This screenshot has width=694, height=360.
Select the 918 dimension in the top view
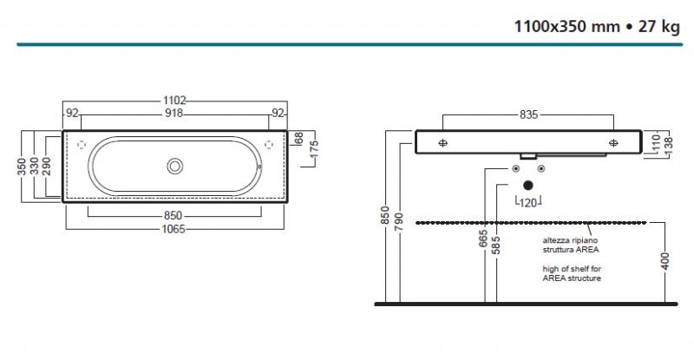pyautogui.click(x=176, y=114)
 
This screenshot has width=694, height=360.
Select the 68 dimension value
pyautogui.click(x=298, y=138)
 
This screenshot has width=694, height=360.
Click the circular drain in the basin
pyautogui.click(x=176, y=165)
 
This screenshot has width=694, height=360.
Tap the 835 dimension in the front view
pyautogui.click(x=528, y=114)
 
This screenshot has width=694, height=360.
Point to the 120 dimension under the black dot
pyautogui.click(x=527, y=201)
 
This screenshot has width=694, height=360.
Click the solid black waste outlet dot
pyautogui.click(x=527, y=184)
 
